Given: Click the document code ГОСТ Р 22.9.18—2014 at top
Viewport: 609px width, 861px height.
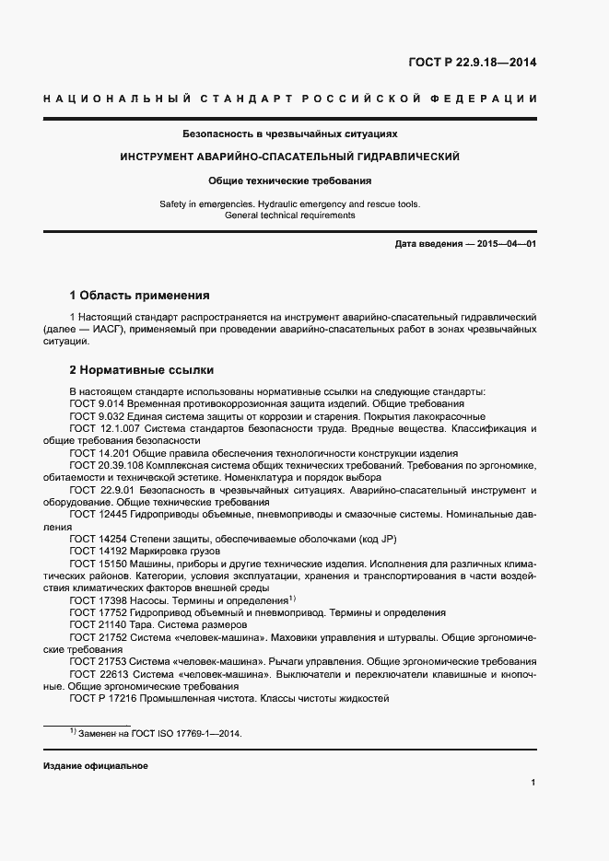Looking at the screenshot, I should tap(472, 64).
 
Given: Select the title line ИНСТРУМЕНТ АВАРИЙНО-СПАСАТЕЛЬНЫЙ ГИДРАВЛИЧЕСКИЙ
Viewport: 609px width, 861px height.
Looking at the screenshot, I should tap(289, 157).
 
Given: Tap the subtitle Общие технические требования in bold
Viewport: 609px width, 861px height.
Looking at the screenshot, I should tap(289, 180).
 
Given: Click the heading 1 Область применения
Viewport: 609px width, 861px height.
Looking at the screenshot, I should tap(139, 296).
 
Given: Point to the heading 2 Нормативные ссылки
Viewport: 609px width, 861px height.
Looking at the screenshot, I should tap(142, 370).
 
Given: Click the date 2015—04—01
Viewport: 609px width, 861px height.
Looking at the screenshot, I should tap(503, 244).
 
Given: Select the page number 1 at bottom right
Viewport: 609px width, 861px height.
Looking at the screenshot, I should tap(533, 783).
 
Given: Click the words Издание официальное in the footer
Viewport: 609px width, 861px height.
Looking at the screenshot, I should tap(95, 766).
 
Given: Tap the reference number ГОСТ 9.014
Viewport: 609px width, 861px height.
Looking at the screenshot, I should tap(98, 403).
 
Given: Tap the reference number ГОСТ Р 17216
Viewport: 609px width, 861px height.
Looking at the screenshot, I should tap(103, 698).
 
